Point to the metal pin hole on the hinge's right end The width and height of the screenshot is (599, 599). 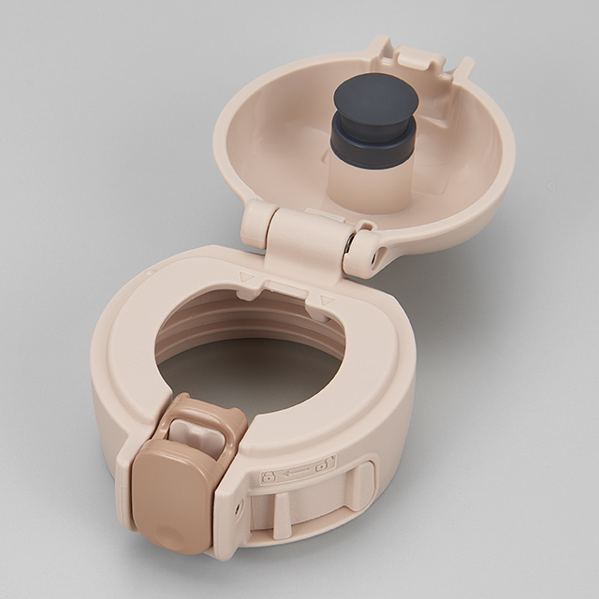coord(374,256)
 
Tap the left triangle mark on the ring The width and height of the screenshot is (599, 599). coord(246,278)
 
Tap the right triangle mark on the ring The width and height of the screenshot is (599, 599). coord(327,300)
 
